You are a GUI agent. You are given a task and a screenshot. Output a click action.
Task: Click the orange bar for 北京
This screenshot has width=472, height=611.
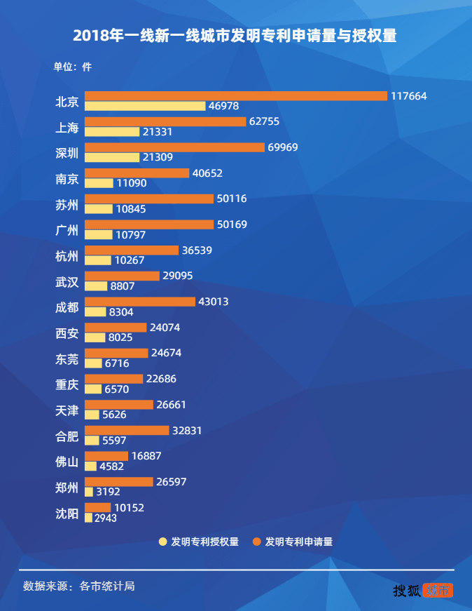click(x=235, y=95)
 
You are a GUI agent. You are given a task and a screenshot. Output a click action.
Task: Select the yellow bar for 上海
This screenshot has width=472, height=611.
click(x=112, y=132)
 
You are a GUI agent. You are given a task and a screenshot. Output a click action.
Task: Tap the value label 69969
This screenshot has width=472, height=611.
click(x=283, y=147)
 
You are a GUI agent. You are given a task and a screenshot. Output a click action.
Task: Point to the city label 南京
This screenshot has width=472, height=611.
click(x=67, y=178)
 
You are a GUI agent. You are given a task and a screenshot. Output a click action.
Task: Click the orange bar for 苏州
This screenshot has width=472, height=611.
click(x=148, y=199)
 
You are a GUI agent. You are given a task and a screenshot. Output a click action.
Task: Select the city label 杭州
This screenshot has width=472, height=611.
click(x=67, y=255)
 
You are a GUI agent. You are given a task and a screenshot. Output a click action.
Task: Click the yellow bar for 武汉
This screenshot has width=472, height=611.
click(x=96, y=286)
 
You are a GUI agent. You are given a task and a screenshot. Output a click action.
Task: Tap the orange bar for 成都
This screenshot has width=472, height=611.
click(x=139, y=302)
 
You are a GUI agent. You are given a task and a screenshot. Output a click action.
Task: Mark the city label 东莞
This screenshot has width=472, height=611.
click(x=67, y=358)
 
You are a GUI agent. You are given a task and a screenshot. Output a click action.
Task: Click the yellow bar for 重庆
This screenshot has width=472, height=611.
click(x=93, y=389)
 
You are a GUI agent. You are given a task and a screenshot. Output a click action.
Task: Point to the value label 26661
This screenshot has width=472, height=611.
click(x=171, y=405)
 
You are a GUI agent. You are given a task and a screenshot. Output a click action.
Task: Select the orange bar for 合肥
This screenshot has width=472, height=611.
click(x=127, y=430)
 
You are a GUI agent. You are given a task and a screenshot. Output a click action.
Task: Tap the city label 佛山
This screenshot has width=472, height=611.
click(x=67, y=462)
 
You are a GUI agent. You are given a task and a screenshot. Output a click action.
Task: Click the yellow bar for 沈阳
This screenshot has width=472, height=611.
click(x=88, y=518)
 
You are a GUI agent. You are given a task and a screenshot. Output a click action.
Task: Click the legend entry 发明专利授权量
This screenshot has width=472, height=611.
click(x=199, y=542)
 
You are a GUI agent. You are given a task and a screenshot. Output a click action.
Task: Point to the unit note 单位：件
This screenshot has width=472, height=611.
click(x=73, y=67)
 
